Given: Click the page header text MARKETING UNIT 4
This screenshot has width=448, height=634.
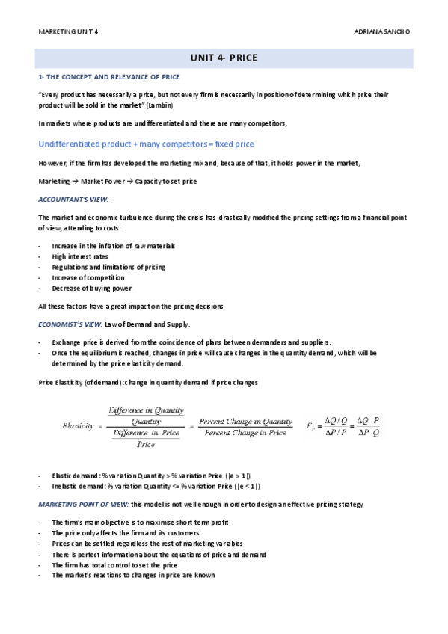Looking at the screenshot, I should coord(68,32).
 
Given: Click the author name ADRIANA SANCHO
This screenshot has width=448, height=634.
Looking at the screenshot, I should coord(381,32).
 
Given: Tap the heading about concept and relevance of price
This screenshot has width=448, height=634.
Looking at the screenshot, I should coord(108,77).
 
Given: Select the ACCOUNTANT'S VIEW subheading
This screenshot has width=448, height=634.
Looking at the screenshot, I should coord(73,200).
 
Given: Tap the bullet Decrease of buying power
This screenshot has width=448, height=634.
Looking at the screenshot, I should coord(92,288).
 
